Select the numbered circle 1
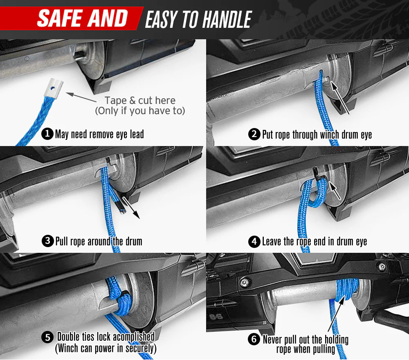pos(47,134)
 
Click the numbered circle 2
pos(254,134)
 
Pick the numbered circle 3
pos(48,241)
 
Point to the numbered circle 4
pos(254,241)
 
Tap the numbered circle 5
pos(47,337)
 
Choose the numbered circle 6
pos(254,340)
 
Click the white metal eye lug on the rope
pos(54,88)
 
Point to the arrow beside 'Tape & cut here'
pos(81,97)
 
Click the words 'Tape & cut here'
pos(140,101)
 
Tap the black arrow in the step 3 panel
pos(131,207)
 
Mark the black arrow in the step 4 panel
pos(335,191)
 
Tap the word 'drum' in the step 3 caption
pos(134,241)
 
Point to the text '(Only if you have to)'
pos(140,111)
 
